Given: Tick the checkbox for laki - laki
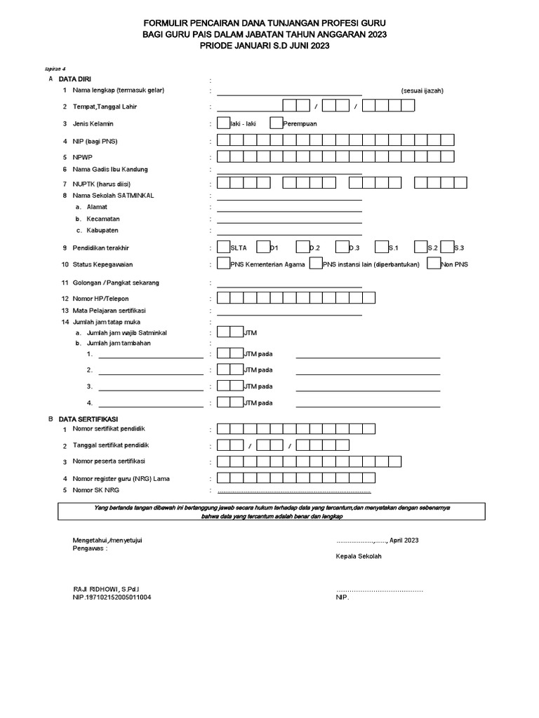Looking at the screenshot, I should (223, 123).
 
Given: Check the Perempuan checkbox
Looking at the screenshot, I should (276, 123).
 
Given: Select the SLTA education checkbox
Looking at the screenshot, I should (223, 248).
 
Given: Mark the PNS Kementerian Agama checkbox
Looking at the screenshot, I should (223, 264).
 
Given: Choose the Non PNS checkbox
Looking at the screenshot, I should (434, 264).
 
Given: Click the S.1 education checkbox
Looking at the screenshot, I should (381, 248).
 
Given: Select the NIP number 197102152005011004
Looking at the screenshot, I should (112, 597).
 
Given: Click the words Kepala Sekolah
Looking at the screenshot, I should (359, 555).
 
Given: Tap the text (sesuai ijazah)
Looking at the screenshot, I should (422, 90).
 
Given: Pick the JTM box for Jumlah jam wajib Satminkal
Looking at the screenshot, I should (229, 332).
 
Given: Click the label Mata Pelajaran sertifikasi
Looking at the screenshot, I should (113, 310).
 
